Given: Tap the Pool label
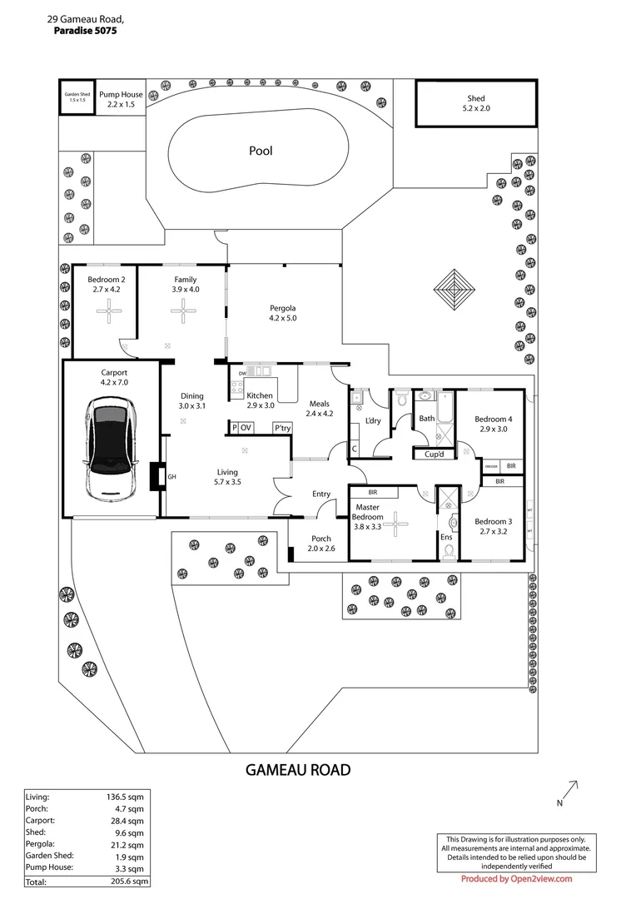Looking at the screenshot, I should (261, 151).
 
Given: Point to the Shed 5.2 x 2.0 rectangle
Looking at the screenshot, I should (476, 103).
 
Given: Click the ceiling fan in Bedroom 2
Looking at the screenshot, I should (108, 311).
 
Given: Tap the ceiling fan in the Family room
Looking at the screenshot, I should (181, 311).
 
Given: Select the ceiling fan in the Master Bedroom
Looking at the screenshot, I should (397, 524).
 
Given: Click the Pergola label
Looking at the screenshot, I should (283, 307).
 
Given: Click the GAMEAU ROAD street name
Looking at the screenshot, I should (298, 770).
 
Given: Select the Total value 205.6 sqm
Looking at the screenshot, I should (128, 881).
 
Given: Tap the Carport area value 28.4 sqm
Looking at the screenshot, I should (130, 820).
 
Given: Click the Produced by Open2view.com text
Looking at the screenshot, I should (516, 878).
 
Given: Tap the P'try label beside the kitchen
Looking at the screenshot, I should (283, 428).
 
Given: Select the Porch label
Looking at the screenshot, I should (320, 539).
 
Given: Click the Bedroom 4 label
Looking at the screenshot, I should (493, 419).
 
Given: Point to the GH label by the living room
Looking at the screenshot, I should (172, 477).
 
